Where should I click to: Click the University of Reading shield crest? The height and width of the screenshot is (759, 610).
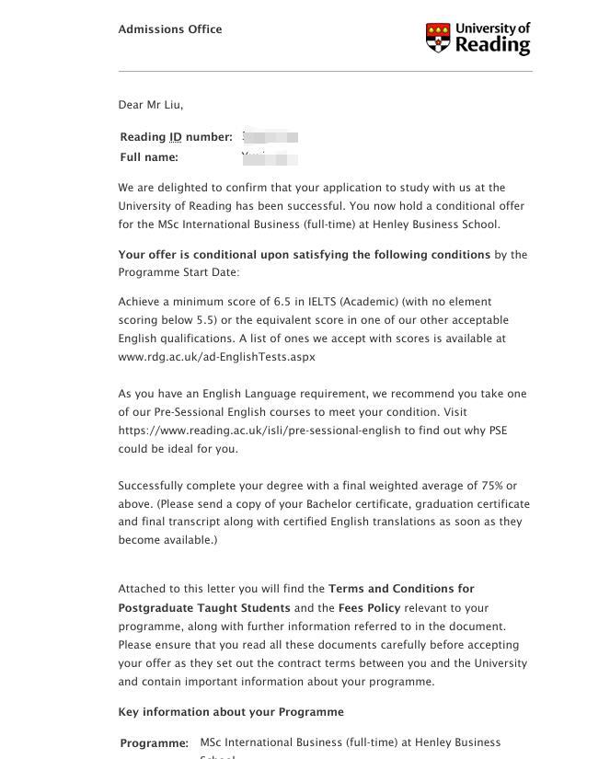pos(438,39)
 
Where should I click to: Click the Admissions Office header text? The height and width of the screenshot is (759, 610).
pos(170,29)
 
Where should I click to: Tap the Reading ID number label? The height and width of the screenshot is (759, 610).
pos(176,137)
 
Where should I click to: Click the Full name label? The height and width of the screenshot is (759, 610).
pos(149,157)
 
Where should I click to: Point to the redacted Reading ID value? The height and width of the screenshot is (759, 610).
pos(270,137)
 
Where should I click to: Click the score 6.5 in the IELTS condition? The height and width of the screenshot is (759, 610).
pos(282,302)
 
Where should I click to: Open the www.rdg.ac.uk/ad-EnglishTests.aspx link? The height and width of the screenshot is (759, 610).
pos(217,357)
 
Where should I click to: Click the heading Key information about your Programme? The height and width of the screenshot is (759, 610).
pos(231,712)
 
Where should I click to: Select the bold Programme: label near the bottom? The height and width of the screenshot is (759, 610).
pos(155,743)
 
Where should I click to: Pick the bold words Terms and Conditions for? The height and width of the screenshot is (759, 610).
pos(401,589)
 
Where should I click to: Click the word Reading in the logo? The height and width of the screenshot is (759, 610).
pos(493,45)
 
